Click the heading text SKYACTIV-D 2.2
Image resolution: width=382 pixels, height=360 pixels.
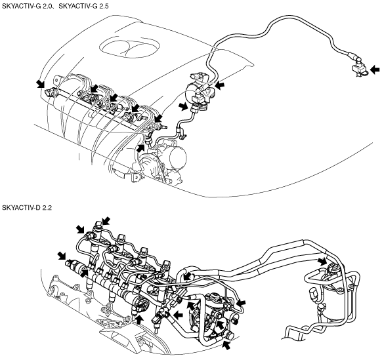[x=27, y=208]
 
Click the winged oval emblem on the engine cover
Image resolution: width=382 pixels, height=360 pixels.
[x=130, y=47]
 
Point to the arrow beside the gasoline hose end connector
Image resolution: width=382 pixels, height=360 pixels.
[x=375, y=70]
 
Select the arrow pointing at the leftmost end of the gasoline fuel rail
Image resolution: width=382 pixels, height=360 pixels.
[x=40, y=84]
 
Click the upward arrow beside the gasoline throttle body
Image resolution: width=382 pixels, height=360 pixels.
[x=140, y=148]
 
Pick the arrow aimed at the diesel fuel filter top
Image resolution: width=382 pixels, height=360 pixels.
[x=322, y=262]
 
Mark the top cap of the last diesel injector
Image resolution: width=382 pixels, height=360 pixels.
[x=167, y=264]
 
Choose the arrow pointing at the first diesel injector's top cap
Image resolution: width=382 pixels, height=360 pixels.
[x=106, y=221]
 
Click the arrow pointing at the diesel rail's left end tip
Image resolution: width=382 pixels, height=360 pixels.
[x=62, y=256]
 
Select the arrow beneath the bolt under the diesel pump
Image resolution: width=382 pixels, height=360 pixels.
[x=226, y=345]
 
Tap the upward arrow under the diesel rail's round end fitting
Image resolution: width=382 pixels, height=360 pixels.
[x=139, y=320]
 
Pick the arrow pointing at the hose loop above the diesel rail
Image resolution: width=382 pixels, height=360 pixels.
[x=187, y=276]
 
